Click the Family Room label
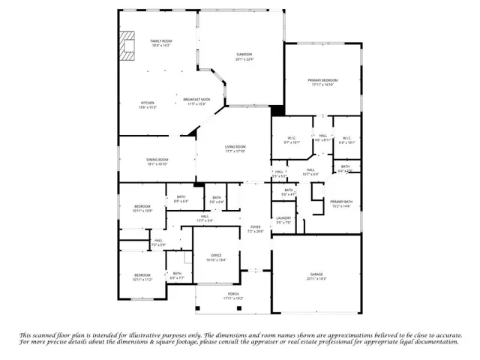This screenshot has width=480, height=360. (x=160, y=41)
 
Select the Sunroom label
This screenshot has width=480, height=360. (x=244, y=55)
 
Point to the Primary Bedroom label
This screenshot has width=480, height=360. (x=322, y=80)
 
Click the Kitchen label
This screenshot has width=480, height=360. (x=148, y=103)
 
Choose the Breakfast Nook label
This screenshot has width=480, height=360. (x=196, y=99)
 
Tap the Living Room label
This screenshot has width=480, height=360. (x=236, y=147)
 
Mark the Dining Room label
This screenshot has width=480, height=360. (x=157, y=159)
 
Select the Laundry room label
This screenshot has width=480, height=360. (x=283, y=218)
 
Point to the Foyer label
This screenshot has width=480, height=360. (x=256, y=226)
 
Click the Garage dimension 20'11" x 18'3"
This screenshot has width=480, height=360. (x=316, y=279)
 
